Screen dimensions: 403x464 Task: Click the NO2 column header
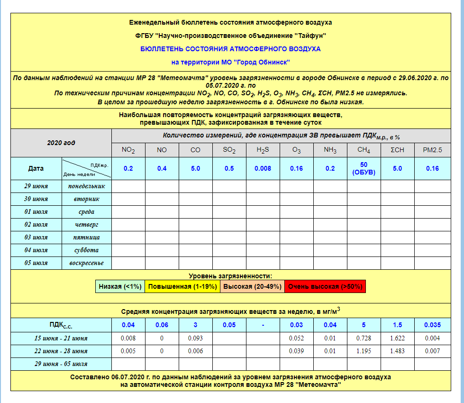(128, 150)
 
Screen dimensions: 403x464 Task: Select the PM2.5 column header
(432, 150)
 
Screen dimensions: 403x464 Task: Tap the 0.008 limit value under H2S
(263, 168)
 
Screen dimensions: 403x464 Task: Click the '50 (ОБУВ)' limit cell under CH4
(364, 168)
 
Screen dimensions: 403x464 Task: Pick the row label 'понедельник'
(87, 186)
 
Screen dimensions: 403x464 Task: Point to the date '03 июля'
(36, 237)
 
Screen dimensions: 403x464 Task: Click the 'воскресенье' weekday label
(87, 263)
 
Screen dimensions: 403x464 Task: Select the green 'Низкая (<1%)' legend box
(120, 286)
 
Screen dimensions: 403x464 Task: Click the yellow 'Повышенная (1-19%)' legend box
(182, 286)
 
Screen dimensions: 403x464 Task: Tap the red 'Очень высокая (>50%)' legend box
(325, 286)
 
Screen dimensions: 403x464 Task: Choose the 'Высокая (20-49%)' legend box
(252, 286)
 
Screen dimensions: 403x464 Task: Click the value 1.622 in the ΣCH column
(397, 338)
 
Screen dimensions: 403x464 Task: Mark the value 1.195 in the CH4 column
(364, 351)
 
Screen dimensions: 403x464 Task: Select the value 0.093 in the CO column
(195, 338)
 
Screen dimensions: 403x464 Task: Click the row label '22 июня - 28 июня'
(61, 351)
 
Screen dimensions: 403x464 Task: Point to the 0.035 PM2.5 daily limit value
(432, 325)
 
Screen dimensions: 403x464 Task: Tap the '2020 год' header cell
(61, 143)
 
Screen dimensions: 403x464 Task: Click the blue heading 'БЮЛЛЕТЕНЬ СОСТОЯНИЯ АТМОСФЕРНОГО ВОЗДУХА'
(230, 49)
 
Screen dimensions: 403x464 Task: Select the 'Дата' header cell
(36, 168)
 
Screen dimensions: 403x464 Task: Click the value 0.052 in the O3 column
(296, 338)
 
